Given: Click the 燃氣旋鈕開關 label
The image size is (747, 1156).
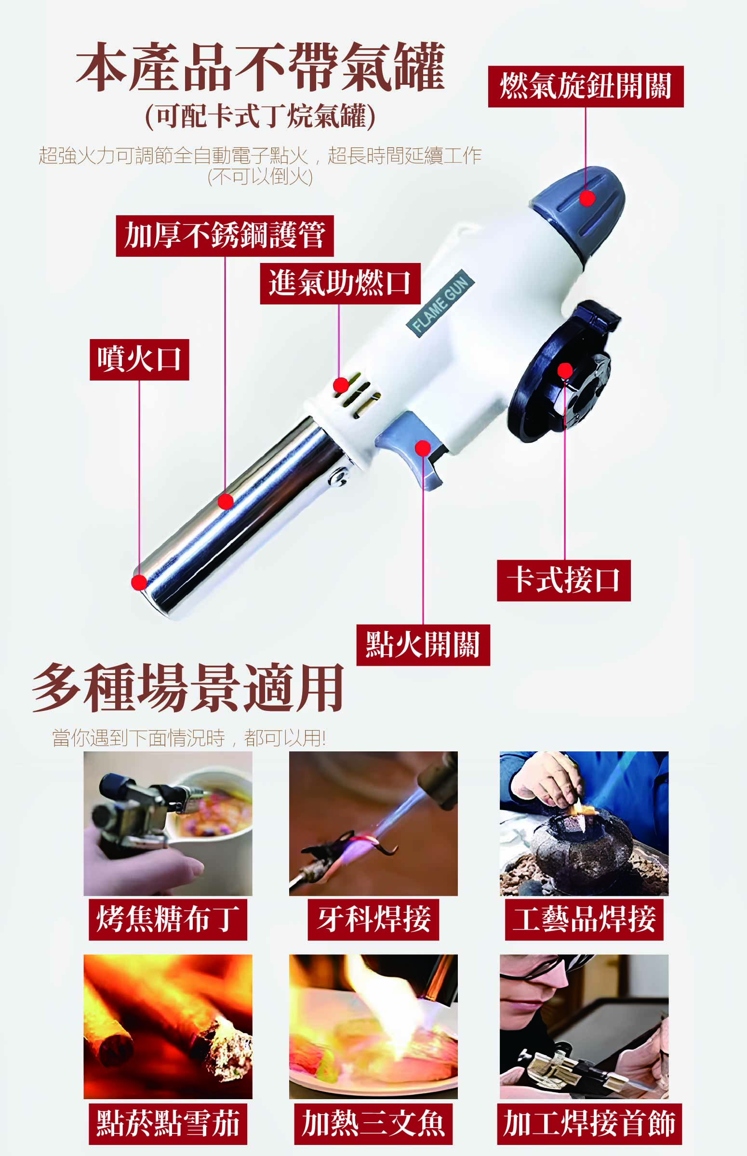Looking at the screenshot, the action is tap(586, 87).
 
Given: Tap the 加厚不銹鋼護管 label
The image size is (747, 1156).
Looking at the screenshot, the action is tap(225, 236).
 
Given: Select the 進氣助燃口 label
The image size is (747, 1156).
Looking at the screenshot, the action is tap(340, 284).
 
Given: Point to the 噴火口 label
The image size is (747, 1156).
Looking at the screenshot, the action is tap(139, 360).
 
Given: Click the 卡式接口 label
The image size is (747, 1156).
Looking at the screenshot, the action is tap(564, 581).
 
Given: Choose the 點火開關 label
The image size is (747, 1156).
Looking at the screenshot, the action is tap(423, 645).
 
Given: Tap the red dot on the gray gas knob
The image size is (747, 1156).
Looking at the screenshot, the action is tap(587, 198).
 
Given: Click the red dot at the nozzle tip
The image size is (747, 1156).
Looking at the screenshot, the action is tap(139, 582).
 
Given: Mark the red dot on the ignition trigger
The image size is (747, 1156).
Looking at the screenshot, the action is tap(423, 448).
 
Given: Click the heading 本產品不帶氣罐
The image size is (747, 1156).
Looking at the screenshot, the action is tap(260, 66).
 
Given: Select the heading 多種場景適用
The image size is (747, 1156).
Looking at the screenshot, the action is tap(188, 688).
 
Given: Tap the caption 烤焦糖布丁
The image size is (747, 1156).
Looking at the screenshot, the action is tap(168, 920).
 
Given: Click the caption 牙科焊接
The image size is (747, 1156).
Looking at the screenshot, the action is tap(373, 920).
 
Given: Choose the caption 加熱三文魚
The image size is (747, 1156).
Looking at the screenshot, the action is tap(373, 1125).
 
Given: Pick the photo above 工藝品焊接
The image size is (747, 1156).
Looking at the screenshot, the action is tap(584, 824).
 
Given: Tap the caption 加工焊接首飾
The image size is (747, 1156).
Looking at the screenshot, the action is tap(589, 1125).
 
